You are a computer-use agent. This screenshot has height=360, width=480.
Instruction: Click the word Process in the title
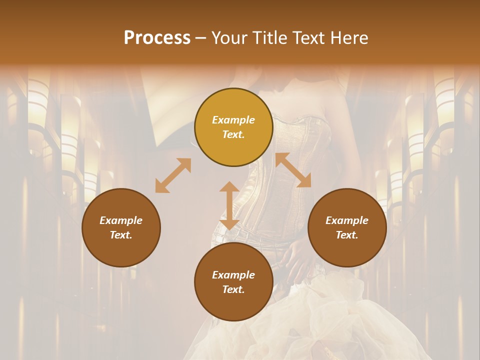click(x=157, y=38)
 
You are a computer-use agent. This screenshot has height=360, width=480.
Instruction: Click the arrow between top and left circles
click(x=173, y=175)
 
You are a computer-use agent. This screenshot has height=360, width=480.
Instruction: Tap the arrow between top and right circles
click(x=293, y=170)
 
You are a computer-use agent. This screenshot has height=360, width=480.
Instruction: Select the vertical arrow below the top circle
click(x=229, y=205)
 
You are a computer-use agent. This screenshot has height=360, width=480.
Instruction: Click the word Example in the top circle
click(x=233, y=120)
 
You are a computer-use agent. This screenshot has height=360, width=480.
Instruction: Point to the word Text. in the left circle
click(x=121, y=235)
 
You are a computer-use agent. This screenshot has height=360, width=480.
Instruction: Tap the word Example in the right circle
click(x=347, y=220)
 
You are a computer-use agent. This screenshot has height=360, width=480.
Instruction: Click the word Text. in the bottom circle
click(x=233, y=289)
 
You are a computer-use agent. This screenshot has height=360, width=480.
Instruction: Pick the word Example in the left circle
click(x=121, y=220)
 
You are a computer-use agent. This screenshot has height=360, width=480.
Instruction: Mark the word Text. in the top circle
click(x=233, y=134)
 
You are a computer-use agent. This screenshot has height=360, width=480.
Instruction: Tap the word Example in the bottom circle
click(x=233, y=275)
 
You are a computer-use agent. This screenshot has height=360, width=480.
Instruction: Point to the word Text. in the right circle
click(x=347, y=235)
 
